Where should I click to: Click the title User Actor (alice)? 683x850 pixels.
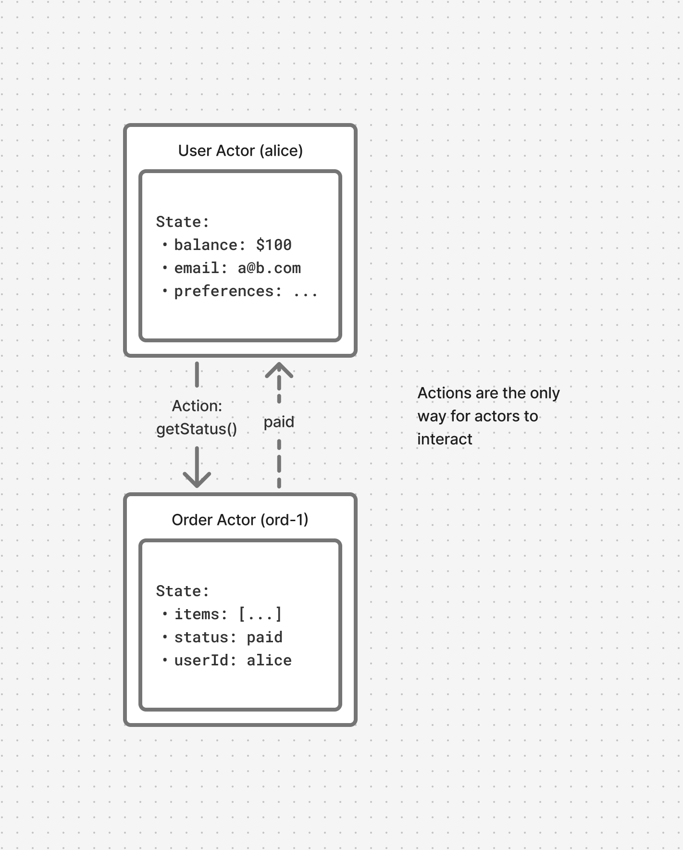point(240,151)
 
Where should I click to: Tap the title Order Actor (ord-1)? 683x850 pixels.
point(240,520)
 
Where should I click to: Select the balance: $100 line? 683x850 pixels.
point(233,245)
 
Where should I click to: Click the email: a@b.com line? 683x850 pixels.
point(237,268)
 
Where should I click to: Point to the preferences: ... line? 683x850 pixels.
point(245,291)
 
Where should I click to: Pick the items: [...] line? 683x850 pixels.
point(228,614)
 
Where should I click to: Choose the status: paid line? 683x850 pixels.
point(228,637)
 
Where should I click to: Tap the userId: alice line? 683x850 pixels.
point(233,661)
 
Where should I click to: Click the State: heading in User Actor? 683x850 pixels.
point(183,222)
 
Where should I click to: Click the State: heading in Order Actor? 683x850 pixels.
point(183,591)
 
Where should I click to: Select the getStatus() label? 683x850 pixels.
point(197,429)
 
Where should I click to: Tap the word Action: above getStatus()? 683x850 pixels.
point(197,406)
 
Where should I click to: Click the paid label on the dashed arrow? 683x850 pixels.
point(279,422)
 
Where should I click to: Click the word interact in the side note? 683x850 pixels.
point(445,439)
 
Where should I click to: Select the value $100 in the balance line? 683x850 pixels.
point(273,245)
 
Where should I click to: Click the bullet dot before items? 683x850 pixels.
point(165,614)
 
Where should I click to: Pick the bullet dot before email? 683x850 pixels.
point(165,268)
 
